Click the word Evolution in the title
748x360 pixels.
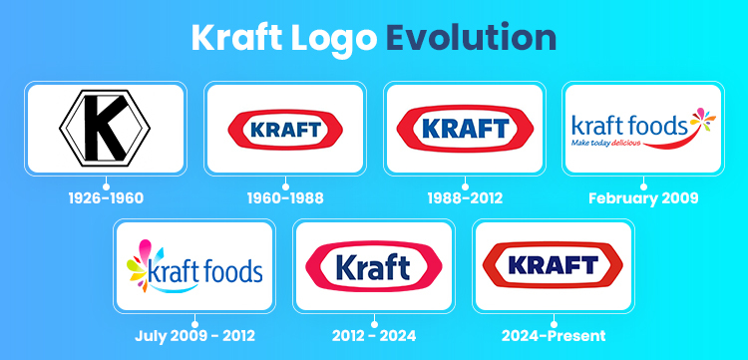471,38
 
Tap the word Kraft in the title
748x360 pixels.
236,38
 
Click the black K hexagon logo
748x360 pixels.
105,128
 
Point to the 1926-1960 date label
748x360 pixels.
106,198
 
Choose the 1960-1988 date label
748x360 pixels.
285,198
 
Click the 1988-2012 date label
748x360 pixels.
465,198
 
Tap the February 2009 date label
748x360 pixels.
643,198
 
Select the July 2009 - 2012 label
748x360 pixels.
194,336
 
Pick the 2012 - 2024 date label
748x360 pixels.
374,336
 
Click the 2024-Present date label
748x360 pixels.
554,336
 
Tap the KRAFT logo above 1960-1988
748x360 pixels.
285,130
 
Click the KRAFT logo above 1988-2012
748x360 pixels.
465,129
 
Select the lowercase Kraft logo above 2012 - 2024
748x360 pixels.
374,266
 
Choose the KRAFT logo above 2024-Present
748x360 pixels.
554,265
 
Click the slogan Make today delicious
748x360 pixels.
605,143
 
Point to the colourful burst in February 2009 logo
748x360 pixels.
702,120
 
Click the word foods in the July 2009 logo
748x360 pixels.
233,271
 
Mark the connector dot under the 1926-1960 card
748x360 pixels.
106,185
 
